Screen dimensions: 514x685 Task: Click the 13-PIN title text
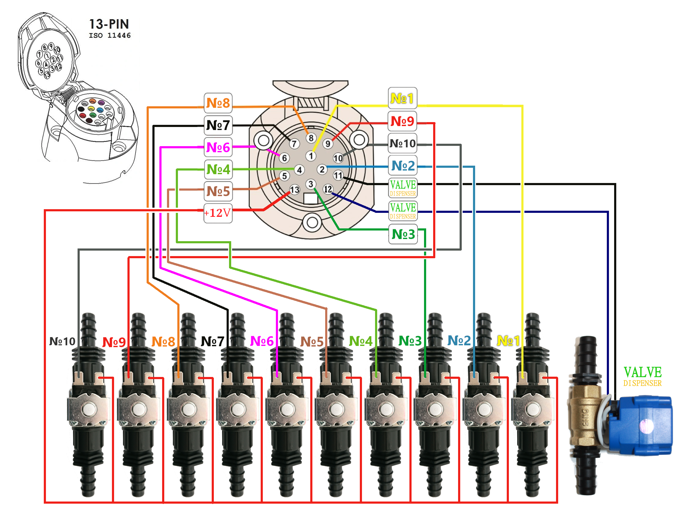(109, 24)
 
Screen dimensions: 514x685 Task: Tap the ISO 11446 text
(110, 35)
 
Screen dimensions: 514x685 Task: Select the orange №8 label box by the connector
(218, 103)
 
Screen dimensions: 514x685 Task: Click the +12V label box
(218, 213)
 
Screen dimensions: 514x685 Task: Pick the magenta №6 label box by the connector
(218, 147)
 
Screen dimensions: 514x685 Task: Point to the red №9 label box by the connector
(402, 121)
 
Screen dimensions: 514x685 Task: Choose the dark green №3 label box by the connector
(403, 234)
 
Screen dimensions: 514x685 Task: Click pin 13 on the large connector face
(294, 189)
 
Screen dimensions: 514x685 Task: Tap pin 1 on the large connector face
(311, 156)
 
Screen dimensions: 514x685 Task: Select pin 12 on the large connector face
(328, 189)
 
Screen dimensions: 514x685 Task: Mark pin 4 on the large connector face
(299, 170)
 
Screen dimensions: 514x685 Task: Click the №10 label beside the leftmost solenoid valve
(62, 341)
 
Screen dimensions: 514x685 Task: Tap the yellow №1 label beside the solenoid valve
(508, 341)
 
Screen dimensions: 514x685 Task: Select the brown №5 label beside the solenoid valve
(311, 342)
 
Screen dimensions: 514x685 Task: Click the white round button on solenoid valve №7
(238, 410)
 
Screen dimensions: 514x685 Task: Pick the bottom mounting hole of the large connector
(312, 222)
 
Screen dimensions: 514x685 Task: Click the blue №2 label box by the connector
(403, 166)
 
